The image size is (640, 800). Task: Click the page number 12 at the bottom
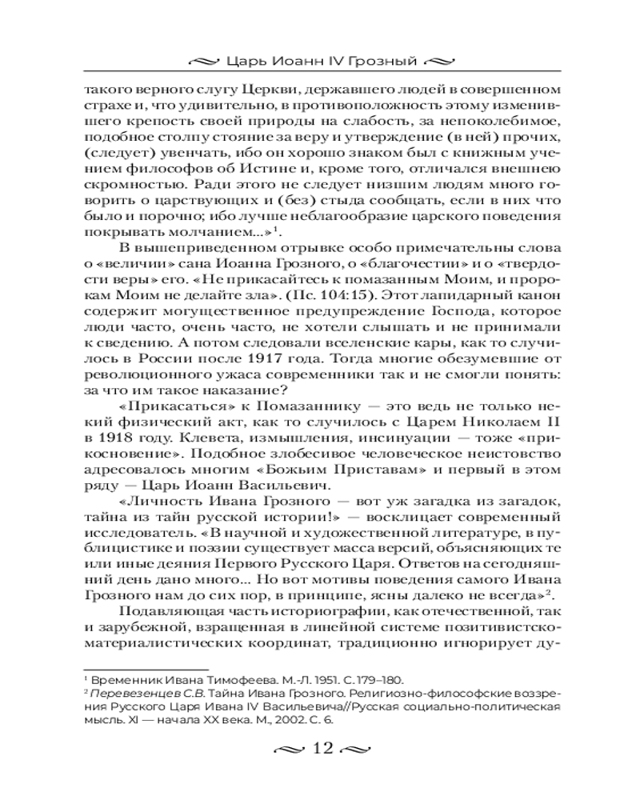tap(321, 749)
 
